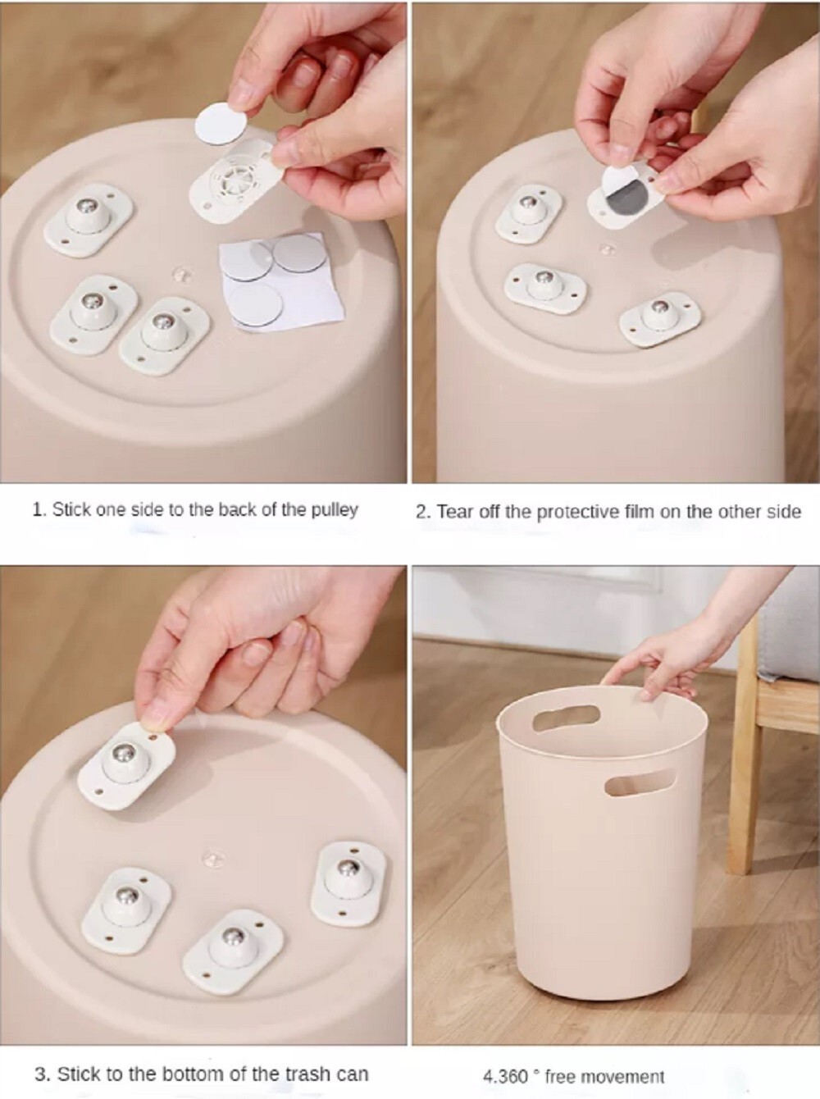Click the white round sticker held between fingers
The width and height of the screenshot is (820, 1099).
point(221,123)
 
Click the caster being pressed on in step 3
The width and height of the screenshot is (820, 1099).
point(127,767)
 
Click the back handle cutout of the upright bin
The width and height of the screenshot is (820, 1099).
point(566,717)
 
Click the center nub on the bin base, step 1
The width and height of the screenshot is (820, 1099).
point(181,273)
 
